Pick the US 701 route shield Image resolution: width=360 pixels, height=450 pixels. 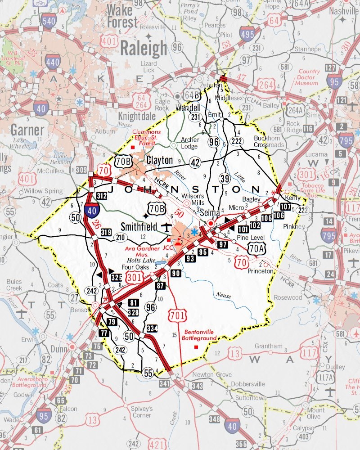pos(174,315)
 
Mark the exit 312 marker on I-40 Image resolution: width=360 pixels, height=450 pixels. pos(101,195)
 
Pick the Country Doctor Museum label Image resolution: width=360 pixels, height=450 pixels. pos(309,77)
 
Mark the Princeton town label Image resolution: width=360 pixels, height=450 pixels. pos(260,271)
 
